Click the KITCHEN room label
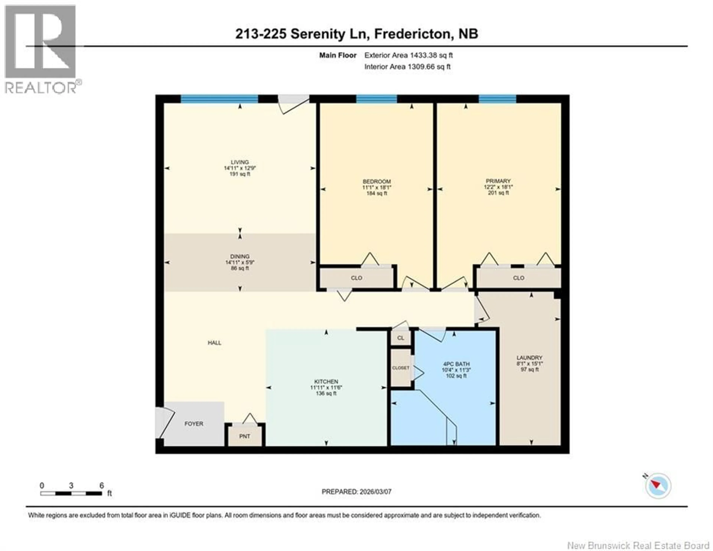pyautogui.click(x=326, y=382)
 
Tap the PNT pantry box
pyautogui.click(x=245, y=436)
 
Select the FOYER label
pyautogui.click(x=194, y=423)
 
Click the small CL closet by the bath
pyautogui.click(x=401, y=338)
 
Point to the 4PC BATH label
pyautogui.click(x=456, y=364)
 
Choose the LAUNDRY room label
pyautogui.click(x=529, y=357)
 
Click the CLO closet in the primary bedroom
pyautogui.click(x=518, y=278)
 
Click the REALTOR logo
pyautogui.click(x=41, y=49)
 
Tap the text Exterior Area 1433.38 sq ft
pyautogui.click(x=408, y=55)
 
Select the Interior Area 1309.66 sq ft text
pyautogui.click(x=407, y=67)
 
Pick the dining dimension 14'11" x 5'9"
pyautogui.click(x=240, y=262)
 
